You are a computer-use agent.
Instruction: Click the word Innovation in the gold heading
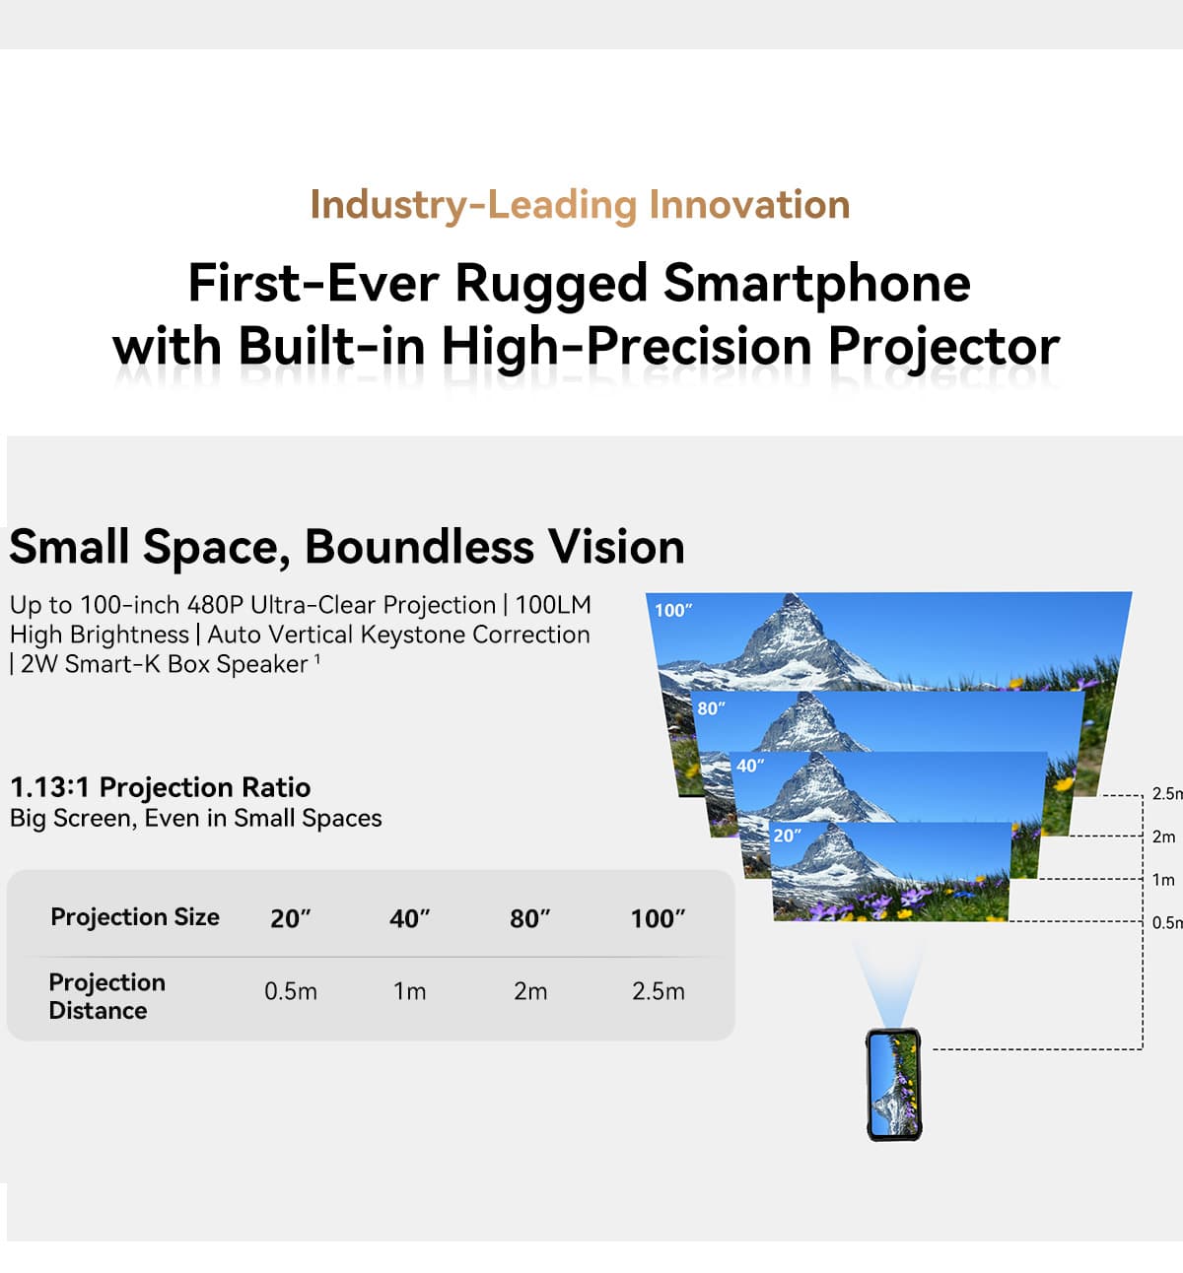click(749, 205)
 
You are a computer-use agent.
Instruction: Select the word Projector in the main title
click(943, 348)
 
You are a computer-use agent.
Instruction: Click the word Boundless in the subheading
click(419, 547)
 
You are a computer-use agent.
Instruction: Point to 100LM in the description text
click(552, 604)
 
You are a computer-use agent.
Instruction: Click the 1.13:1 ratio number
click(49, 787)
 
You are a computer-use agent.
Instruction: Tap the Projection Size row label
click(135, 917)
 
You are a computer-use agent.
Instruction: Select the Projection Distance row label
click(107, 996)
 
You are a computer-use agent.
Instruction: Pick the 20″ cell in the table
click(291, 918)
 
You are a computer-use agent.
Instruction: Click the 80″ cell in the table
click(530, 918)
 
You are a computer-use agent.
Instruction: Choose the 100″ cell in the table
click(658, 918)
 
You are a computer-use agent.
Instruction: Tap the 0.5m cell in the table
click(291, 991)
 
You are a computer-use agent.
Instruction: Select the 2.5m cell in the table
click(659, 991)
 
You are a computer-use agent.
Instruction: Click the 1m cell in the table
click(409, 991)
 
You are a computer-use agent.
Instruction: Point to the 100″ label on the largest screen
click(673, 610)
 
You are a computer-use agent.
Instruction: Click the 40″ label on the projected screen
click(750, 766)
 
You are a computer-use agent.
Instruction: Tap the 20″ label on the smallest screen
click(787, 836)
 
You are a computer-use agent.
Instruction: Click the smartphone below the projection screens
click(894, 1085)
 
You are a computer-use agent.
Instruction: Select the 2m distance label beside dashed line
click(1163, 837)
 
